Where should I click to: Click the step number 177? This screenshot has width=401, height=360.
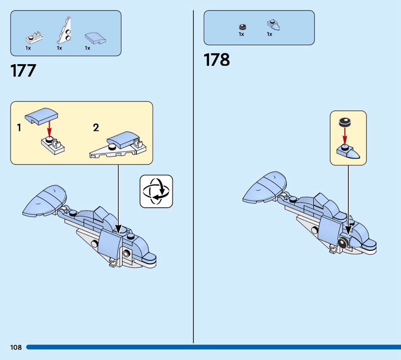(x=23, y=71)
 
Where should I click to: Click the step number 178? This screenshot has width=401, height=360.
(x=217, y=60)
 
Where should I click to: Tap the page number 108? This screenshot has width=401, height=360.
(x=16, y=347)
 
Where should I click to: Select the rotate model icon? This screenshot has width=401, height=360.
(x=156, y=191)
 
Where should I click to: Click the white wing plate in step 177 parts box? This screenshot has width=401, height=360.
(x=64, y=31)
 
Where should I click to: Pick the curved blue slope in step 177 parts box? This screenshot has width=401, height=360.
(x=95, y=39)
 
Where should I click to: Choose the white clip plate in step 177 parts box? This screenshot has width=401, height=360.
(x=34, y=38)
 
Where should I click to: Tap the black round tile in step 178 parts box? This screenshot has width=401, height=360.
(x=243, y=27)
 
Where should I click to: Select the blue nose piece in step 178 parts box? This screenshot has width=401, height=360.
(x=273, y=25)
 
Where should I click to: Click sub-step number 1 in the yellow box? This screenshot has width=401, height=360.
(x=19, y=127)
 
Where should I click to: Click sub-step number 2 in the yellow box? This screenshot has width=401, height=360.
(x=96, y=127)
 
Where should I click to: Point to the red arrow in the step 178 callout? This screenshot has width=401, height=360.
(x=345, y=136)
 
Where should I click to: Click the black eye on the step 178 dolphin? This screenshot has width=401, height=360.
(x=342, y=242)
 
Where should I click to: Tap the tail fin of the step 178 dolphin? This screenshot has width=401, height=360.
(x=265, y=188)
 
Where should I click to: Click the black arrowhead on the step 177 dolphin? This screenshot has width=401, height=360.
(x=118, y=229)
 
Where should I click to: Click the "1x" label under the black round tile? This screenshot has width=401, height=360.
(x=242, y=34)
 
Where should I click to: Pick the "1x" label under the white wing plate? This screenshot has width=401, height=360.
(x=59, y=48)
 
